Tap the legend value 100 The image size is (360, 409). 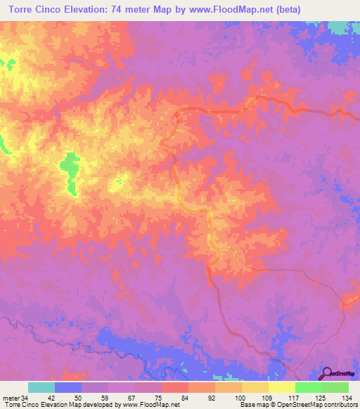(x=240, y=398)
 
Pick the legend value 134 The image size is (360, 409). (x=347, y=398)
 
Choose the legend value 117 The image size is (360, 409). (x=294, y=398)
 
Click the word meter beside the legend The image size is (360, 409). (x=10, y=398)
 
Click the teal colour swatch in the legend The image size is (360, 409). (x=41, y=387)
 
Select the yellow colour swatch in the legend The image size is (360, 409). (x=255, y=387)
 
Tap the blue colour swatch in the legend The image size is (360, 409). (x=68, y=387)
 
